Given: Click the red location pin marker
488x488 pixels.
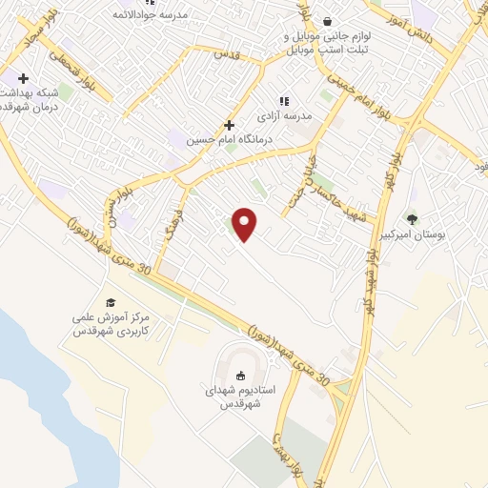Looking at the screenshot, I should [x=245, y=224].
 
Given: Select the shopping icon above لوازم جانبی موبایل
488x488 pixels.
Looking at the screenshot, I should [x=327, y=20].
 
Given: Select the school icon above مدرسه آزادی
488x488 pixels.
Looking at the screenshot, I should [x=283, y=100].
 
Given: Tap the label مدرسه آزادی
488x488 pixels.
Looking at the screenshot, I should [x=283, y=115].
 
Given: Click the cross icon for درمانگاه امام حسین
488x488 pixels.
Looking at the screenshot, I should [x=229, y=125].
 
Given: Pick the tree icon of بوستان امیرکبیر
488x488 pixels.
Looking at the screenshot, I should [x=412, y=218].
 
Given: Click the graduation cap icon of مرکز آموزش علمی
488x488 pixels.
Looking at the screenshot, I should [x=111, y=302].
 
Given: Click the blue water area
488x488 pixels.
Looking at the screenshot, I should [x=38, y=400].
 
